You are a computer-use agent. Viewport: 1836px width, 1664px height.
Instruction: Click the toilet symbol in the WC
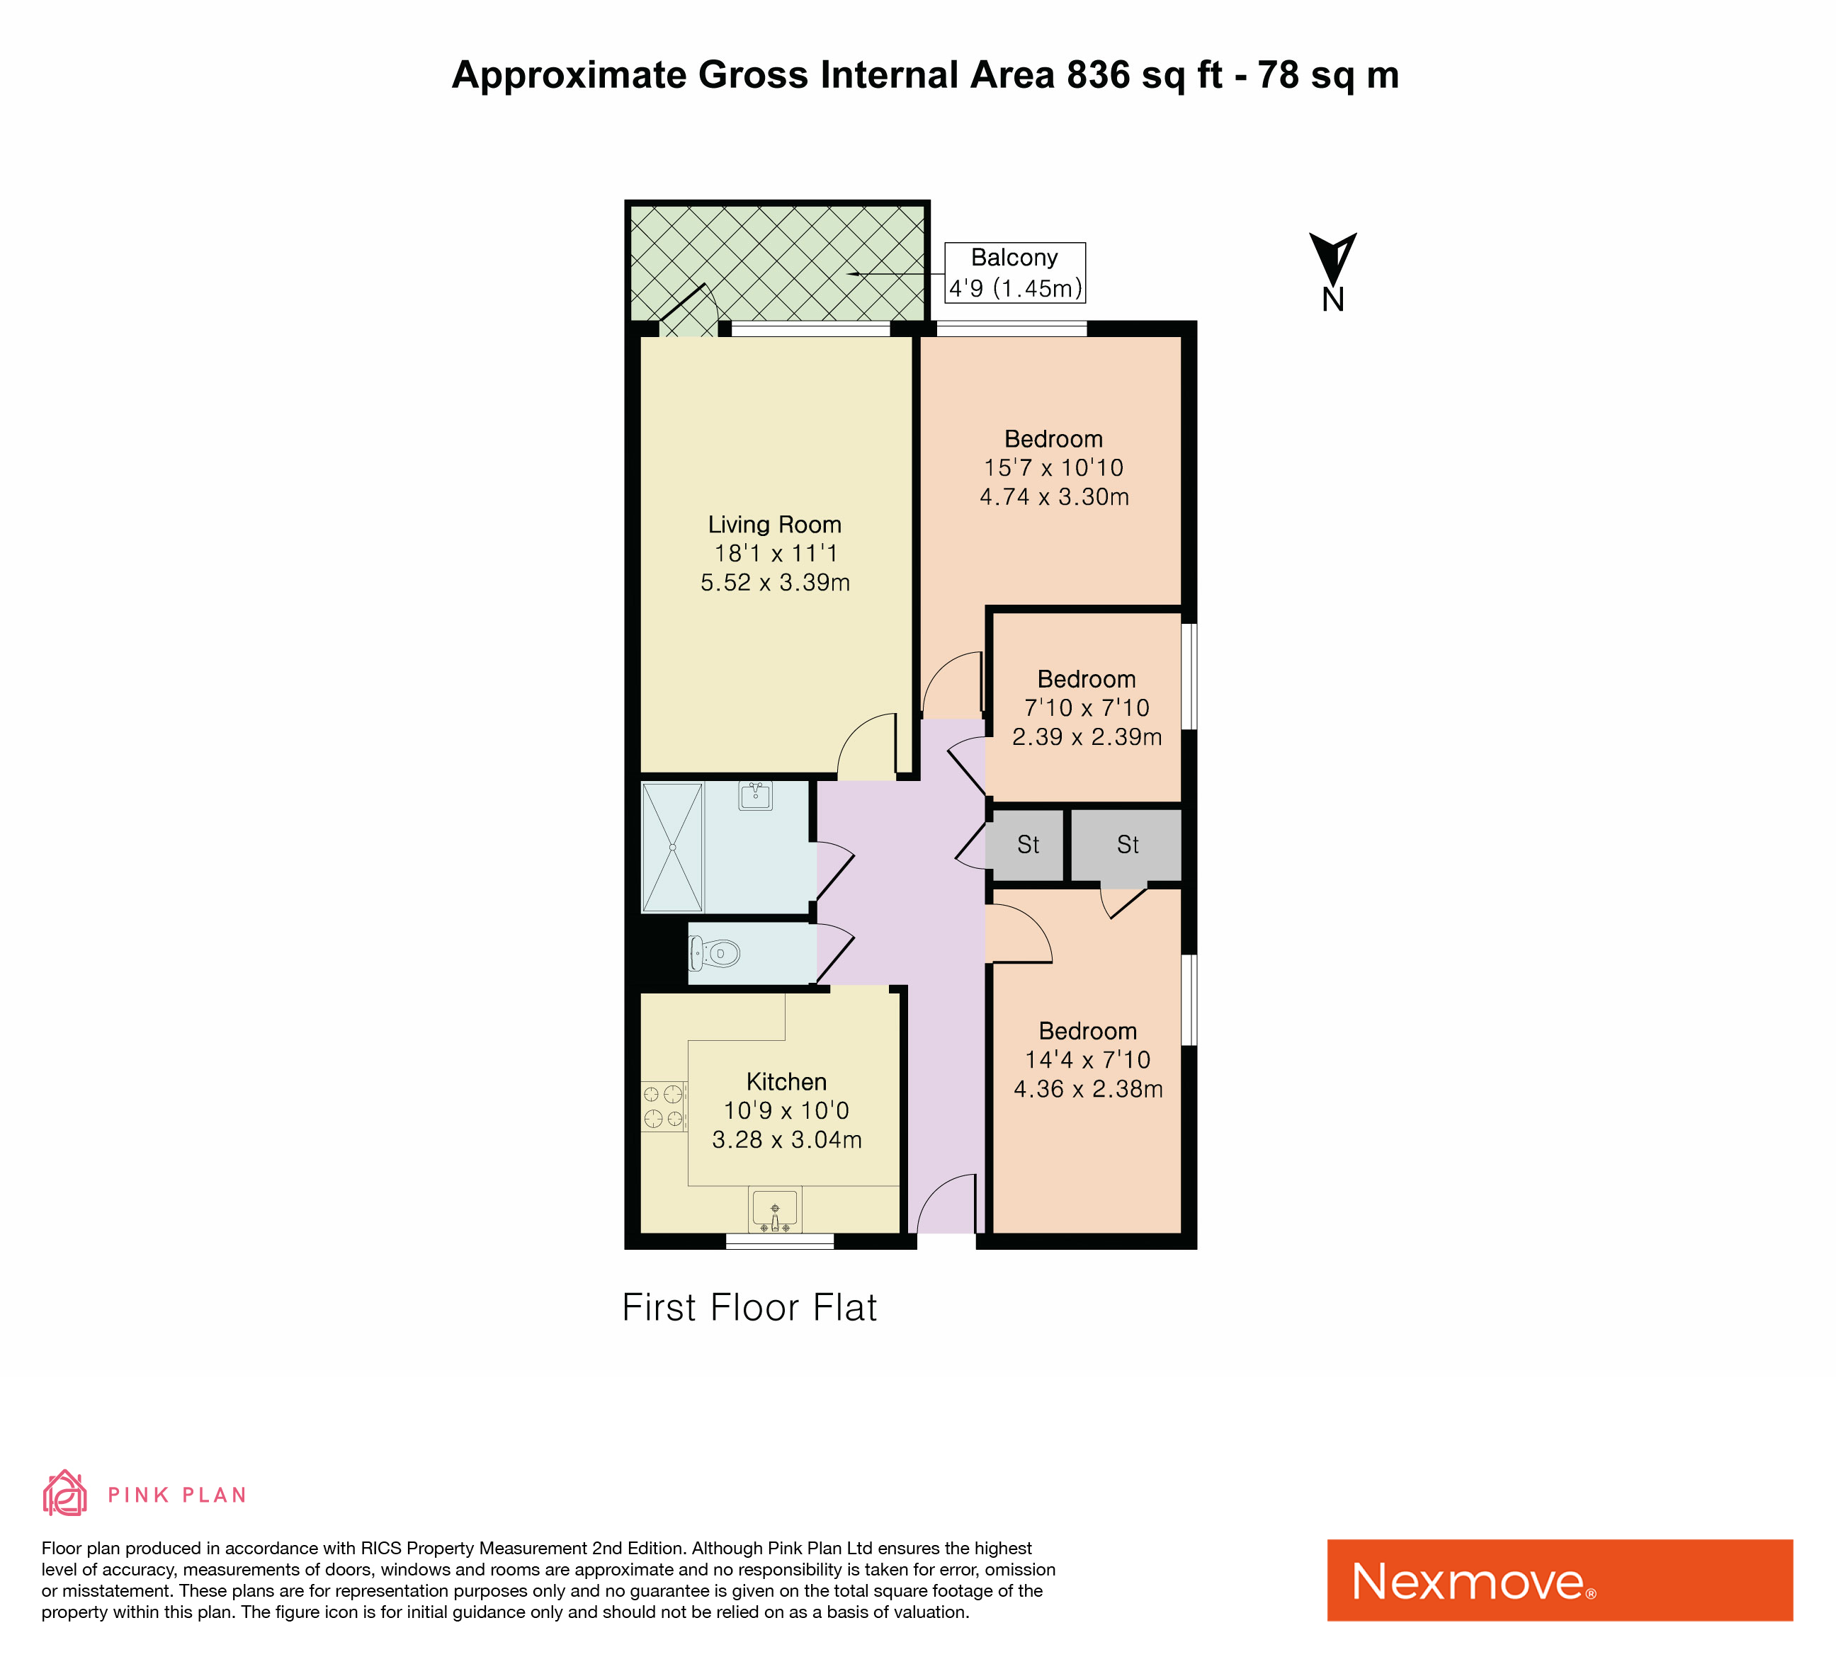(714, 954)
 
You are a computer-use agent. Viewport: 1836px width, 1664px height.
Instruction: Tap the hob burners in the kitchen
(664, 1106)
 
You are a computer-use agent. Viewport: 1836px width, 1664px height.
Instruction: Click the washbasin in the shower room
(755, 796)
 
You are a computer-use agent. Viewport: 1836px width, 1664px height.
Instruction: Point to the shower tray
(673, 848)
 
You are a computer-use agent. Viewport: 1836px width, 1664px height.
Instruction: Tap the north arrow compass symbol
(1333, 271)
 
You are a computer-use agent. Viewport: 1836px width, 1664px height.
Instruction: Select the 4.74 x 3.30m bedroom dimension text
(1055, 497)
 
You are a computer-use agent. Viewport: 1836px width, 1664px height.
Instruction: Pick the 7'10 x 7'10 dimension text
(1087, 707)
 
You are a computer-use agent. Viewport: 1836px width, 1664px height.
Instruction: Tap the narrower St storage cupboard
(1027, 845)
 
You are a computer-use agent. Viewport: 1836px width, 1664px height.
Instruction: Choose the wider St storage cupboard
(1126, 845)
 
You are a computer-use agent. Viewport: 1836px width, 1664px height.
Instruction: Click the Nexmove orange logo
(1560, 1580)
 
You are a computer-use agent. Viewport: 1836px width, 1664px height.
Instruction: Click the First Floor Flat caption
(749, 1308)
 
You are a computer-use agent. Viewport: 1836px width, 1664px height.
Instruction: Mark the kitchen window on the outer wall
(780, 1241)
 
